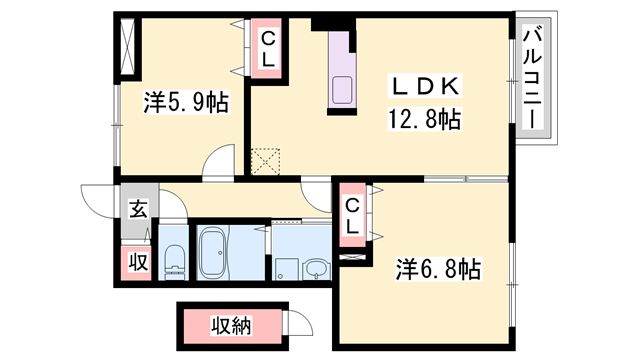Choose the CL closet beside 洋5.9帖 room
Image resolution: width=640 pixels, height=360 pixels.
268,50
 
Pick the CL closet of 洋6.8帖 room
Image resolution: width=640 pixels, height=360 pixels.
352,215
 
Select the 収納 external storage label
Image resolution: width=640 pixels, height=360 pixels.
231,324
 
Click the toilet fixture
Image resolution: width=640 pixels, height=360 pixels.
174,262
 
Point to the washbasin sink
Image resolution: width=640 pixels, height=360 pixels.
316,268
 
